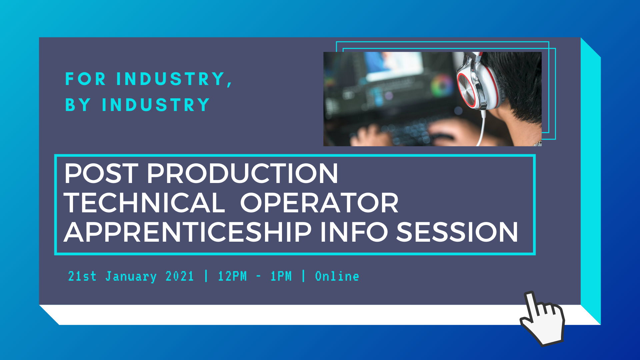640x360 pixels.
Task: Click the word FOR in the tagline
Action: click(85, 79)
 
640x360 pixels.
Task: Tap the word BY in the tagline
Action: click(78, 105)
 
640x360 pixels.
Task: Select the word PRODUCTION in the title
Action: click(243, 173)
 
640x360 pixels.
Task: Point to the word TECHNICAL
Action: click(145, 203)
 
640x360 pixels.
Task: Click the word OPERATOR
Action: click(319, 203)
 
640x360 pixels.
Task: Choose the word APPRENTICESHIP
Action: click(188, 232)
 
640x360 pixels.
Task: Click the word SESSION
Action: click(457, 232)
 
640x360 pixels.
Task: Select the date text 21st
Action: click(82, 276)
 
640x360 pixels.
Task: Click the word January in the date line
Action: click(131, 277)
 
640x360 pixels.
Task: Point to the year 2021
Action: click(180, 276)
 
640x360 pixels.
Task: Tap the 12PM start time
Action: click(232, 276)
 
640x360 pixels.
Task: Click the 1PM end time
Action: click(281, 276)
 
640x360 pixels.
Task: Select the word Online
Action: click(337, 276)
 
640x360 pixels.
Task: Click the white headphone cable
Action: click(481, 128)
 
